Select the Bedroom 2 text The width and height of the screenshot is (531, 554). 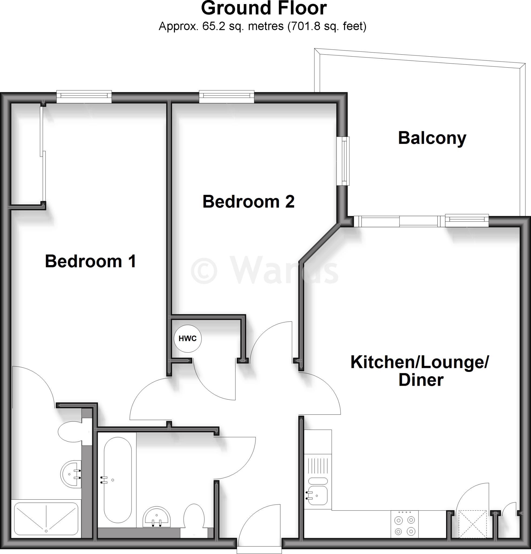pos(248,202)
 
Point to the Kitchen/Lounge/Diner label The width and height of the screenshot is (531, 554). pos(420,371)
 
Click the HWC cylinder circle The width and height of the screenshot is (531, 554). pos(188,338)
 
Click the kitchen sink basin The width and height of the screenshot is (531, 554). pos(318,495)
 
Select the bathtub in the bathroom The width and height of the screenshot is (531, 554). pos(118,480)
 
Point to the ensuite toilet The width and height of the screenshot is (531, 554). pos(71,432)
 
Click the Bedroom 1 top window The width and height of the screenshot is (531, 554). pos(84,96)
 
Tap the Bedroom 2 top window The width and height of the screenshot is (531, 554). pos(226,96)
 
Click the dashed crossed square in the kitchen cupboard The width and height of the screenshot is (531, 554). pos(472,524)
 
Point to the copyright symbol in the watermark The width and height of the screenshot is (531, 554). pos(204,271)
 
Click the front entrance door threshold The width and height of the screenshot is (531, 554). pos(259,549)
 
